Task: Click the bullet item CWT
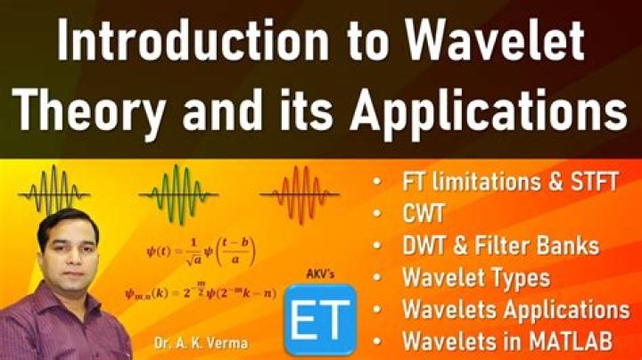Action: [424, 215]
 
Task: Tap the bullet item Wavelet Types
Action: [475, 277]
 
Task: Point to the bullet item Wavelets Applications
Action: [515, 309]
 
